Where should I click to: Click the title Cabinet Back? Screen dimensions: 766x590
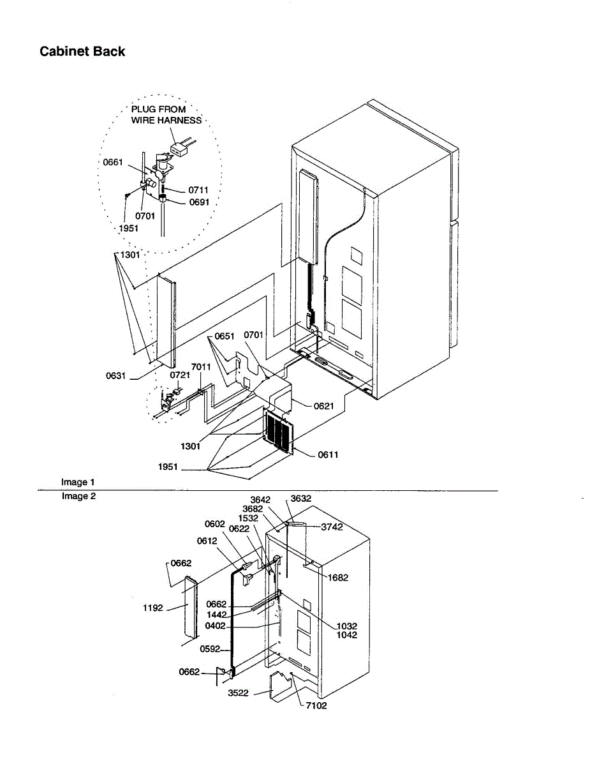82,52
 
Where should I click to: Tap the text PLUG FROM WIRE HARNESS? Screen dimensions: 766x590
166,115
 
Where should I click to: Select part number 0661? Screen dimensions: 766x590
113,163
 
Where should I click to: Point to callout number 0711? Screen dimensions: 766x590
198,190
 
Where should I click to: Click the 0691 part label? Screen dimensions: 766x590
199,202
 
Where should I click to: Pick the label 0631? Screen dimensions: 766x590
117,376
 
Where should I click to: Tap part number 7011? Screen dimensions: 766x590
201,367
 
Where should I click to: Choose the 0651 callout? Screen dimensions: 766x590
225,336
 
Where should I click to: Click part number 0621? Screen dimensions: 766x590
323,405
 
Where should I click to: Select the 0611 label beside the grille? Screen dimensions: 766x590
328,454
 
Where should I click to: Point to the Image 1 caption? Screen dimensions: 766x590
78,482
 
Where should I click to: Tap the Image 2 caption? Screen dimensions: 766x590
78,496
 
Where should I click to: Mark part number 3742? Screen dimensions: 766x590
332,527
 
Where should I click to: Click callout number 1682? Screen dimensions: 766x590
338,578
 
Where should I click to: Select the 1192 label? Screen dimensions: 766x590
154,608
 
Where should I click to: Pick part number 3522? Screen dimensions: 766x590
239,693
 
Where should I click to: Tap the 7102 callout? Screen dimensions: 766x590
316,705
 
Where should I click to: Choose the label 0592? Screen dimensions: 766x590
209,650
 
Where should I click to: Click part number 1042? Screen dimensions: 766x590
347,635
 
